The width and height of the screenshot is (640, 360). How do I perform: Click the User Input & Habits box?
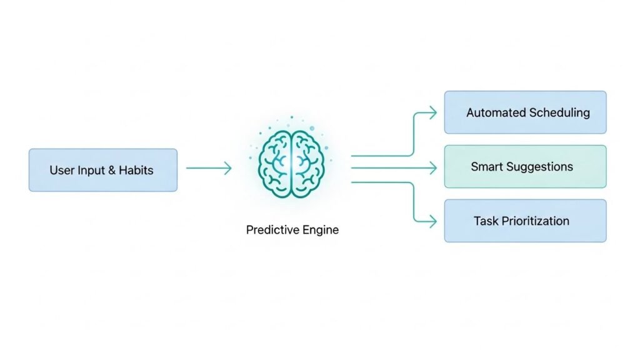click(x=103, y=170)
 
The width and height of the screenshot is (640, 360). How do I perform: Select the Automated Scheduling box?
click(x=525, y=112)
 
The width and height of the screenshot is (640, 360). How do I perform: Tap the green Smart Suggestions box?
click(x=525, y=167)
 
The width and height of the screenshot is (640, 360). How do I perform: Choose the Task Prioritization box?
click(x=525, y=221)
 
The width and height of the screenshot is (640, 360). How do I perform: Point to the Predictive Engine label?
click(x=292, y=230)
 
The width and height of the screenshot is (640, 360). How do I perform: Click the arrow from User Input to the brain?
click(x=209, y=167)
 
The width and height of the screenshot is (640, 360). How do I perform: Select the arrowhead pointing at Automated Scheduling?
click(x=431, y=112)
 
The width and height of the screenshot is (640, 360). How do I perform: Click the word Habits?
click(x=137, y=170)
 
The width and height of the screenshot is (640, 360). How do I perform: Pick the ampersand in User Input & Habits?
click(x=113, y=170)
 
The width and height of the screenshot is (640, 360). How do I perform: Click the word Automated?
click(x=496, y=113)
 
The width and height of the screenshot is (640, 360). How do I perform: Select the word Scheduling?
click(x=559, y=113)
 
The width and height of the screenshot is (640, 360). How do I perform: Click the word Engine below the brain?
click(x=321, y=230)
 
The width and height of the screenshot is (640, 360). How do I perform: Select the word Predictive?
click(x=273, y=230)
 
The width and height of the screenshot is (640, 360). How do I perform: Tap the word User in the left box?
click(x=61, y=170)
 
